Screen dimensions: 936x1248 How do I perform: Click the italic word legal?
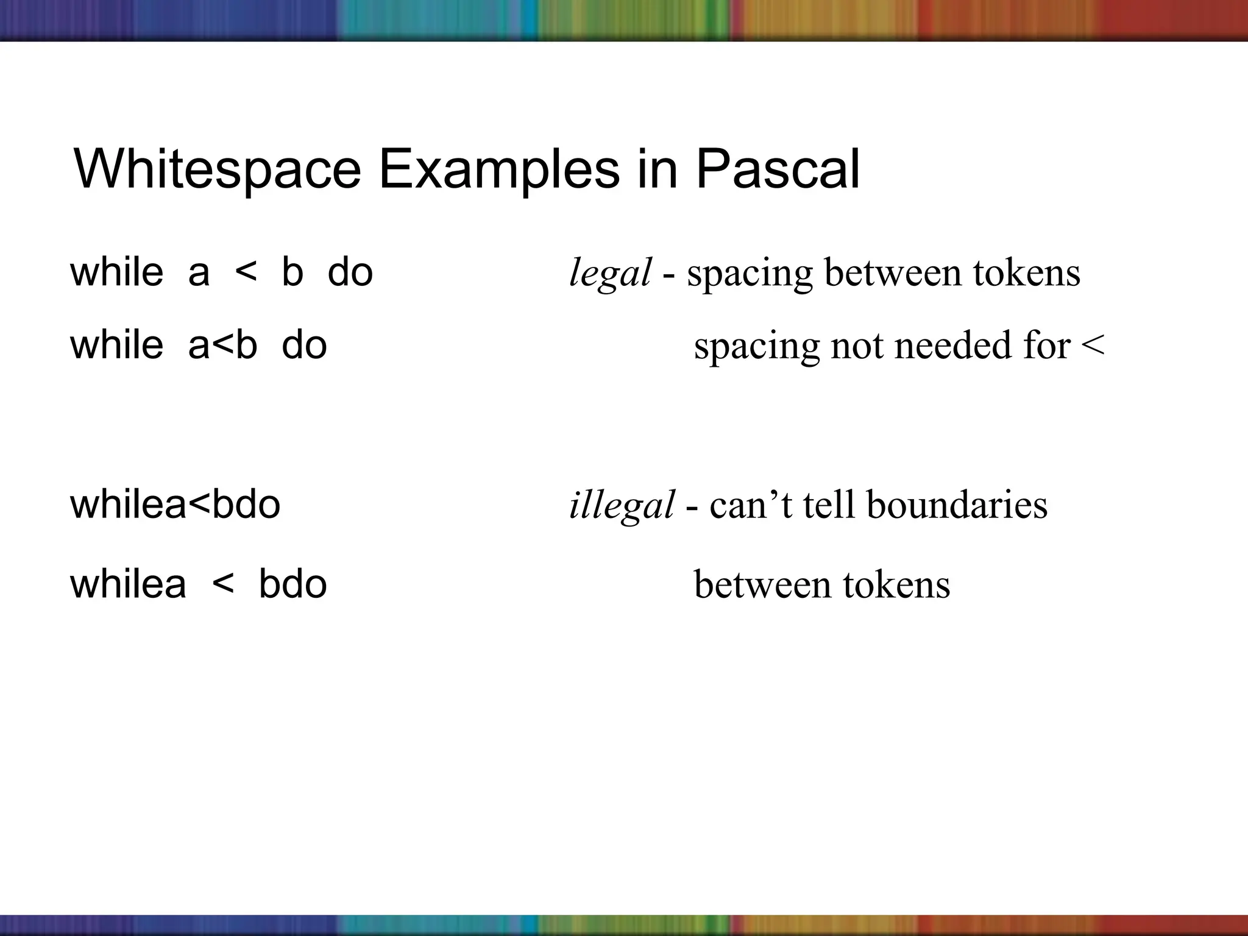610,274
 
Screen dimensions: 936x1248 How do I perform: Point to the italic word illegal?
622,505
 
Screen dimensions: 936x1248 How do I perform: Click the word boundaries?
957,505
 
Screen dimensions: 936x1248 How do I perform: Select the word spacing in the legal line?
750,274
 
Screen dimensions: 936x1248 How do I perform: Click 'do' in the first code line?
350,272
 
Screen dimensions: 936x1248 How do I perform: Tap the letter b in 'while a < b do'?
292,272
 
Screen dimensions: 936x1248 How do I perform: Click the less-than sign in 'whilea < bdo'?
223,585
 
